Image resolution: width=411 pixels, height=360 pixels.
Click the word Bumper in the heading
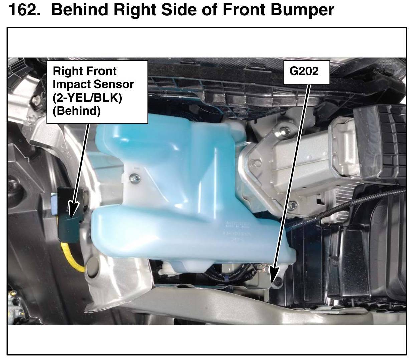[x=302, y=10]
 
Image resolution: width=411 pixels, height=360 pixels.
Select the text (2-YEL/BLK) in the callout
[x=87, y=98]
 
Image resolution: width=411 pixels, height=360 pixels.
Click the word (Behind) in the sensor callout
[x=76, y=111]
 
